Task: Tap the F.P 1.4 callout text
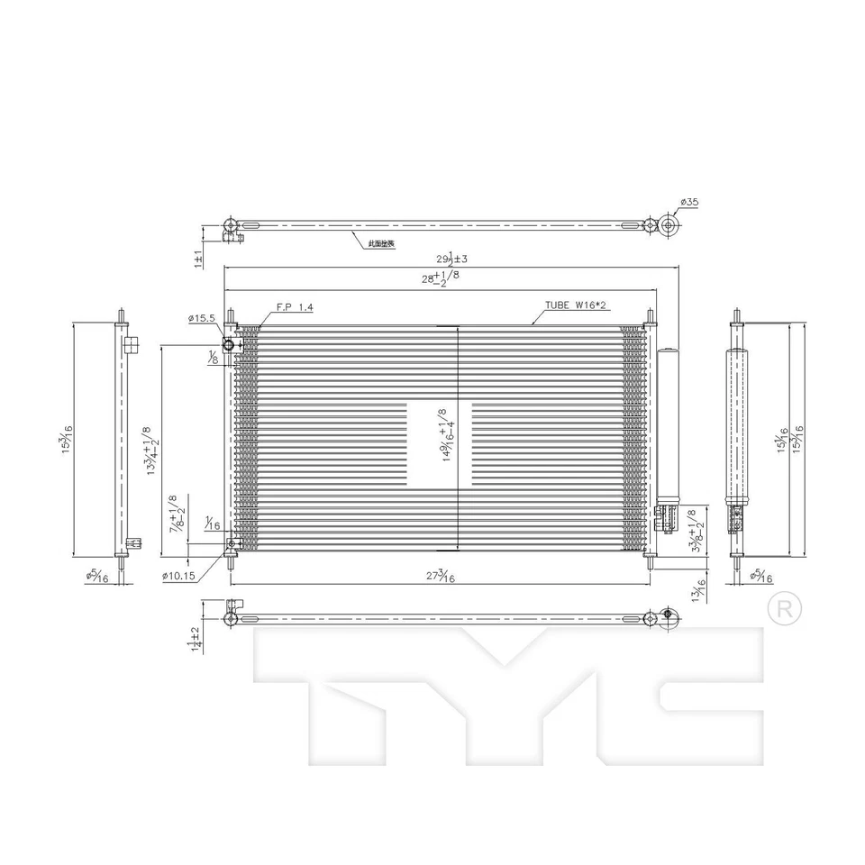pos(295,307)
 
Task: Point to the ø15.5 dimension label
pos(202,318)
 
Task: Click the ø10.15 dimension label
pos(179,576)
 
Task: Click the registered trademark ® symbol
pos(784,608)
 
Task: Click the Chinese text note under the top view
pos(381,244)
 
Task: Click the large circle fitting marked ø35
pos(668,225)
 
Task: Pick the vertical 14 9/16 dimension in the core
pos(445,435)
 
